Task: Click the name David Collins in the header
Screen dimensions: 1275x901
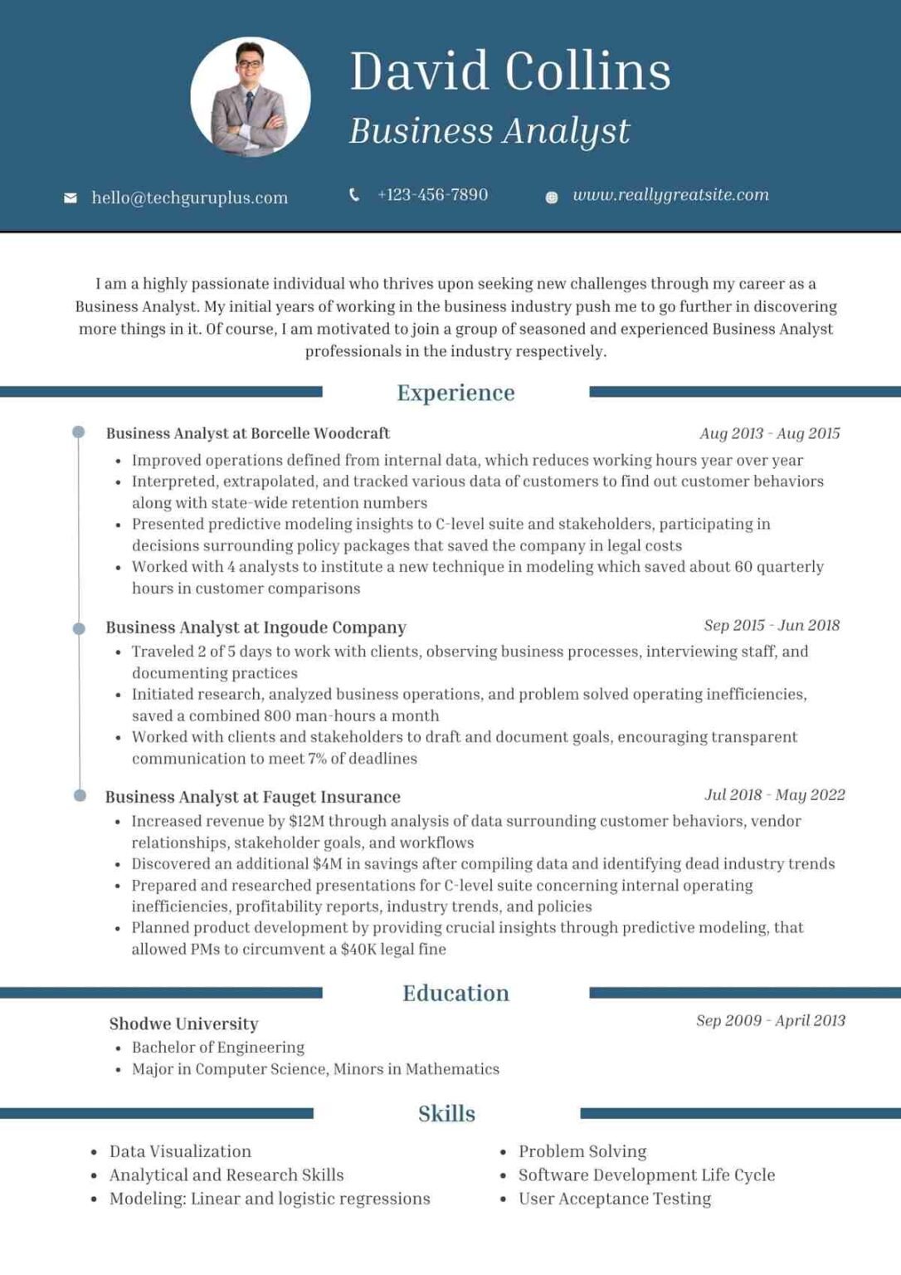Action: (x=509, y=71)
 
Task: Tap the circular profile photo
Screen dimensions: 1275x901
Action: (x=251, y=98)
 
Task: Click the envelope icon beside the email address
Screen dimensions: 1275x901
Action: (x=71, y=198)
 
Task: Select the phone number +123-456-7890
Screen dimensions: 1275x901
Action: (x=432, y=195)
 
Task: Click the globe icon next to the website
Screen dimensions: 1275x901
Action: (x=551, y=198)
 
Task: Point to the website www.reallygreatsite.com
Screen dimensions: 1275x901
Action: (x=670, y=195)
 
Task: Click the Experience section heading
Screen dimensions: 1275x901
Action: (x=455, y=393)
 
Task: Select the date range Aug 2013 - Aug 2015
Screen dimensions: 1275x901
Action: (x=769, y=433)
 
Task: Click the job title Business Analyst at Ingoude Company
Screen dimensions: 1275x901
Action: (x=256, y=628)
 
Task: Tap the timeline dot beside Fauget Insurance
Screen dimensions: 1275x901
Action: (x=80, y=795)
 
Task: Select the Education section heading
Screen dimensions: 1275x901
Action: (x=455, y=993)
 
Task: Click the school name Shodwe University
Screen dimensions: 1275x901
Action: (x=183, y=1023)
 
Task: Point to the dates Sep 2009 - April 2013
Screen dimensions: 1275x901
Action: (x=770, y=1020)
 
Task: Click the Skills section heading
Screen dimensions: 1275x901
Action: (x=446, y=1113)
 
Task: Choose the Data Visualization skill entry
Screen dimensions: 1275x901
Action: (x=180, y=1151)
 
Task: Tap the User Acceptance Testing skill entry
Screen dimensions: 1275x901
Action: (x=614, y=1199)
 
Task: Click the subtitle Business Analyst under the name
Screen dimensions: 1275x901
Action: (x=489, y=131)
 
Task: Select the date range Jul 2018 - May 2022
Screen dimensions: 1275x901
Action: (x=774, y=794)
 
